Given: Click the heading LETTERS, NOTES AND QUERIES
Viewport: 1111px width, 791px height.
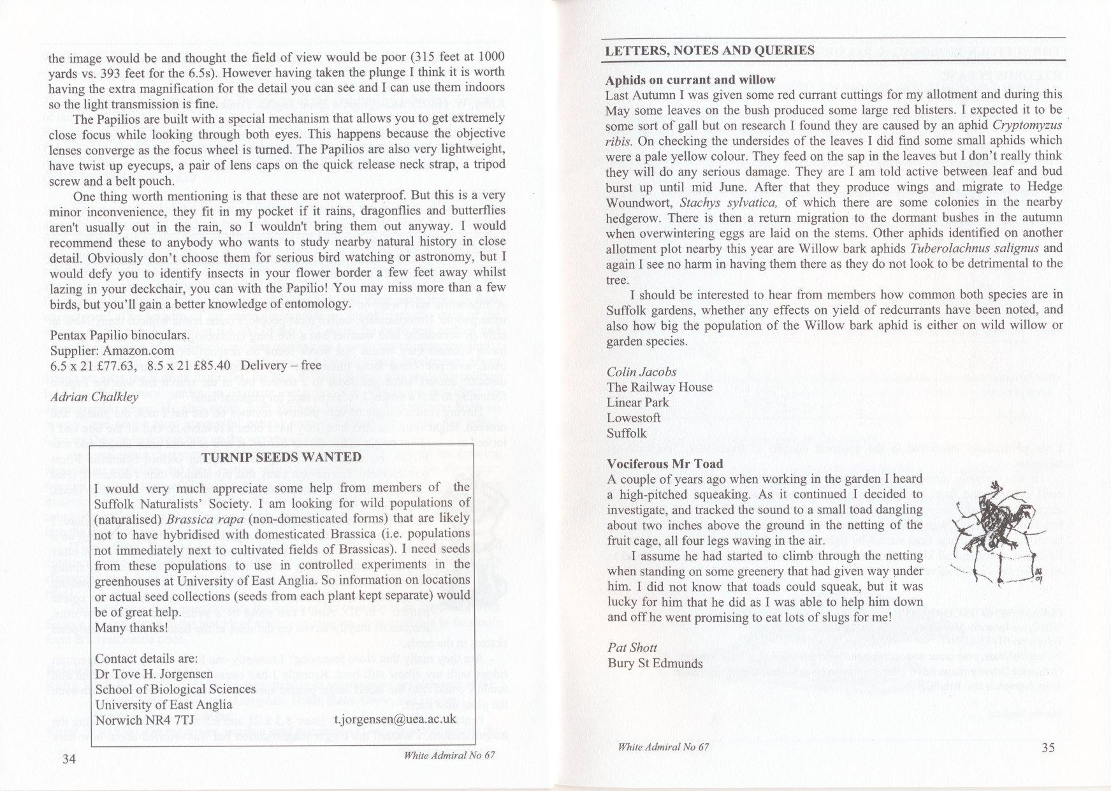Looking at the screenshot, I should click(709, 51).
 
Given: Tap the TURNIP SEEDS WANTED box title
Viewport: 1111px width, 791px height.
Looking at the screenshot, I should click(282, 457).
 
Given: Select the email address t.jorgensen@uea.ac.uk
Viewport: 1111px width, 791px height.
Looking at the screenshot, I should click(395, 719).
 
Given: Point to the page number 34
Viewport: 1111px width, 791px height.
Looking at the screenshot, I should click(69, 759).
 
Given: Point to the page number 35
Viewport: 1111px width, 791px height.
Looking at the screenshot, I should click(1049, 748).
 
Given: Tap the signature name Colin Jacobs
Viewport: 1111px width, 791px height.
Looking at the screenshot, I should click(642, 371).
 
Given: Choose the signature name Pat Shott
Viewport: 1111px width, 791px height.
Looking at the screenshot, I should click(632, 648).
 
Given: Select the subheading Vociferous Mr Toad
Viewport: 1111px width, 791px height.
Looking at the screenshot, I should click(665, 464).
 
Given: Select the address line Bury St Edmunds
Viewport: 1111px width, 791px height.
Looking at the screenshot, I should click(655, 663).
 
